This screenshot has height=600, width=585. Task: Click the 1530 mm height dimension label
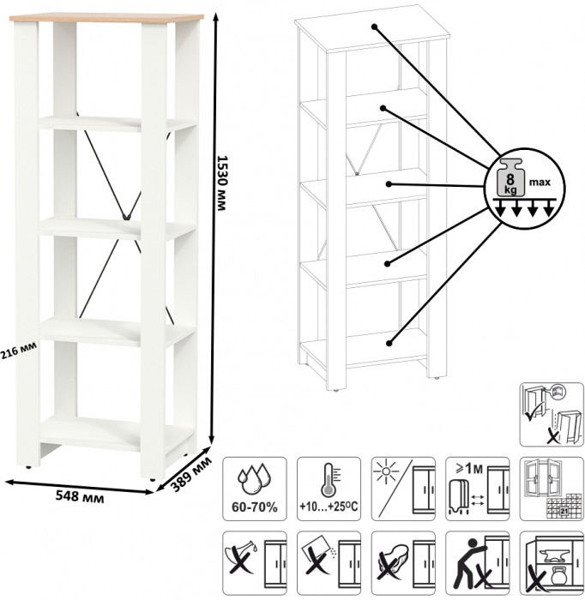pos(222,185)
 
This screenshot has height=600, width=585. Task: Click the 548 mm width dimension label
pos(75,495)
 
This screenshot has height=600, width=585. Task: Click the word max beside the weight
pos(540,182)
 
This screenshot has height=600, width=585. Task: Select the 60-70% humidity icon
pos(254,485)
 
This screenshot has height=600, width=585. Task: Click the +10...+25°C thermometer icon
pos(329,485)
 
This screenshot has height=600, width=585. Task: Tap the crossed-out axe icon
pos(254,561)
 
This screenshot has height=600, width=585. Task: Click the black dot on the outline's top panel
pos(375,27)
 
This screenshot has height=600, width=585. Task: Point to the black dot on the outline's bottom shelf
pos(389,343)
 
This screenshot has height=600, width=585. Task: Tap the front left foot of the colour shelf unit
pos(32,465)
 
